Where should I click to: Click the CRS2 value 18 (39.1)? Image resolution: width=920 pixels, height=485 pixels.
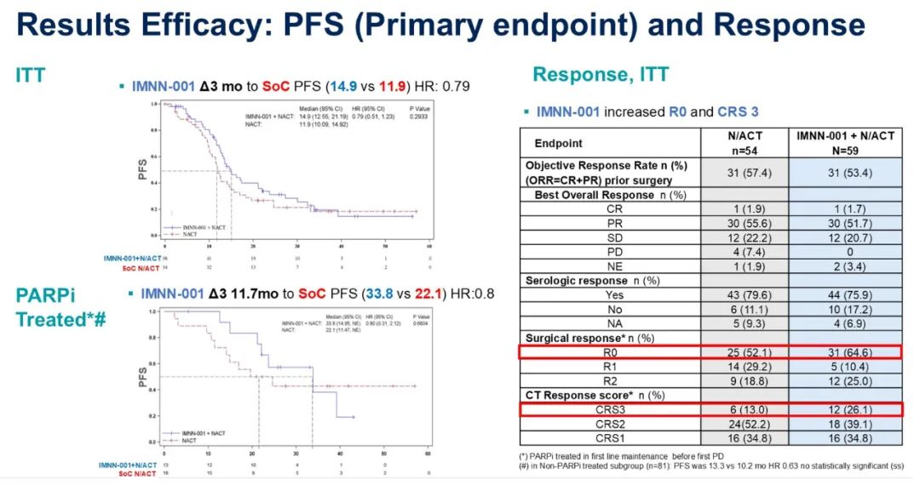pyautogui.click(x=845, y=424)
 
